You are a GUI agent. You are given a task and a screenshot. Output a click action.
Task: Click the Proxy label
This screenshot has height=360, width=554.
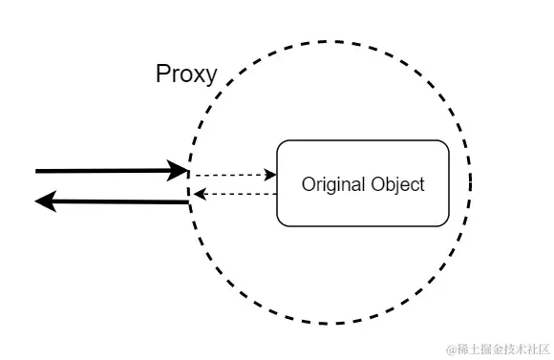(186, 74)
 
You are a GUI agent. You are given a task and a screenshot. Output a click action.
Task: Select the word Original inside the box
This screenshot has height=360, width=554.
(331, 183)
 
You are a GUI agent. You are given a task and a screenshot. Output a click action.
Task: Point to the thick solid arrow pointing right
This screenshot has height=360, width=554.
(105, 171)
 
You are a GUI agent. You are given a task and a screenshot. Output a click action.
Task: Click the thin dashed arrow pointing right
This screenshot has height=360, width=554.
(229, 176)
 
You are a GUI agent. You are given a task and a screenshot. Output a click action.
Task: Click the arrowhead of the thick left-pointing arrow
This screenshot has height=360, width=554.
(46, 201)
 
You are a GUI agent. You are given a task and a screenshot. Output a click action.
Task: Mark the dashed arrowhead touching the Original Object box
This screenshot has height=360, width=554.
(271, 176)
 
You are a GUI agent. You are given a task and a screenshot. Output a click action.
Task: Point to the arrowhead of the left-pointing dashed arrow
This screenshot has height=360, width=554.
(197, 194)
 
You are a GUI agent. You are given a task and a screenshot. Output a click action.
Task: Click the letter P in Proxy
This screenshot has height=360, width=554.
(162, 74)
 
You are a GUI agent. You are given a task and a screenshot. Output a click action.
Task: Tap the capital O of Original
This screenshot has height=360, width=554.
(308, 183)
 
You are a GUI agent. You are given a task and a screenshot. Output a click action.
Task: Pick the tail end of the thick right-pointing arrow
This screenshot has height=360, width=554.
(37, 171)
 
